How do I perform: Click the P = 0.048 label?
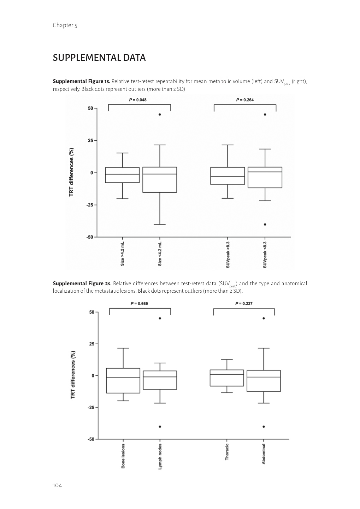click(138, 100)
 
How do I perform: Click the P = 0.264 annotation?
click(245, 100)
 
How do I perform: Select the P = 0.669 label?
click(139, 303)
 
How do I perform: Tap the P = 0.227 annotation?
click(244, 303)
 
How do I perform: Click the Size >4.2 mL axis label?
click(122, 254)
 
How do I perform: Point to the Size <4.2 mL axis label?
click(160, 254)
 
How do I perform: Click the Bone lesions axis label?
click(123, 456)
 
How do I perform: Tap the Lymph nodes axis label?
click(160, 457)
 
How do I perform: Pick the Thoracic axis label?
click(227, 452)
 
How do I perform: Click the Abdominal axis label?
click(264, 454)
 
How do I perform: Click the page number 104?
click(57, 485)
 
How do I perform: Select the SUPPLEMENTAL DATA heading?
click(99, 58)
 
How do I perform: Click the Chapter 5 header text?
click(65, 25)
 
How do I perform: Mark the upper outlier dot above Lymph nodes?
click(160, 318)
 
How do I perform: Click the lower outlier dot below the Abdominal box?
click(264, 427)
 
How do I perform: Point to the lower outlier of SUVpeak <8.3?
click(265, 224)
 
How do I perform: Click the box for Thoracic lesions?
click(227, 378)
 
